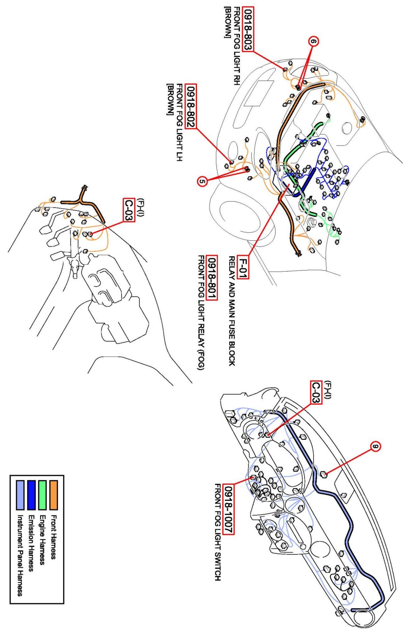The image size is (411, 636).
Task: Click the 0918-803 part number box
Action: point(248,29)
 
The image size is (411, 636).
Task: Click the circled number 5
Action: point(202,182)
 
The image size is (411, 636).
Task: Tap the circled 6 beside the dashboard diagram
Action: point(376,446)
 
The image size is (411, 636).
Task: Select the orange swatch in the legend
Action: point(54,495)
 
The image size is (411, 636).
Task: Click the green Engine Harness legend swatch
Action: point(42,495)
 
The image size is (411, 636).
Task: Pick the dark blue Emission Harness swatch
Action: point(31,495)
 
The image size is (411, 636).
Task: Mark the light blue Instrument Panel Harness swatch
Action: point(20,495)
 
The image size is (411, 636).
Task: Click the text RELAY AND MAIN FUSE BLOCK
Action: point(232,311)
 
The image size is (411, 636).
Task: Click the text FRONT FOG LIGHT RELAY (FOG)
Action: point(201,313)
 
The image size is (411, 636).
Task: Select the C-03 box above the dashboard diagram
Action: point(316,393)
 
